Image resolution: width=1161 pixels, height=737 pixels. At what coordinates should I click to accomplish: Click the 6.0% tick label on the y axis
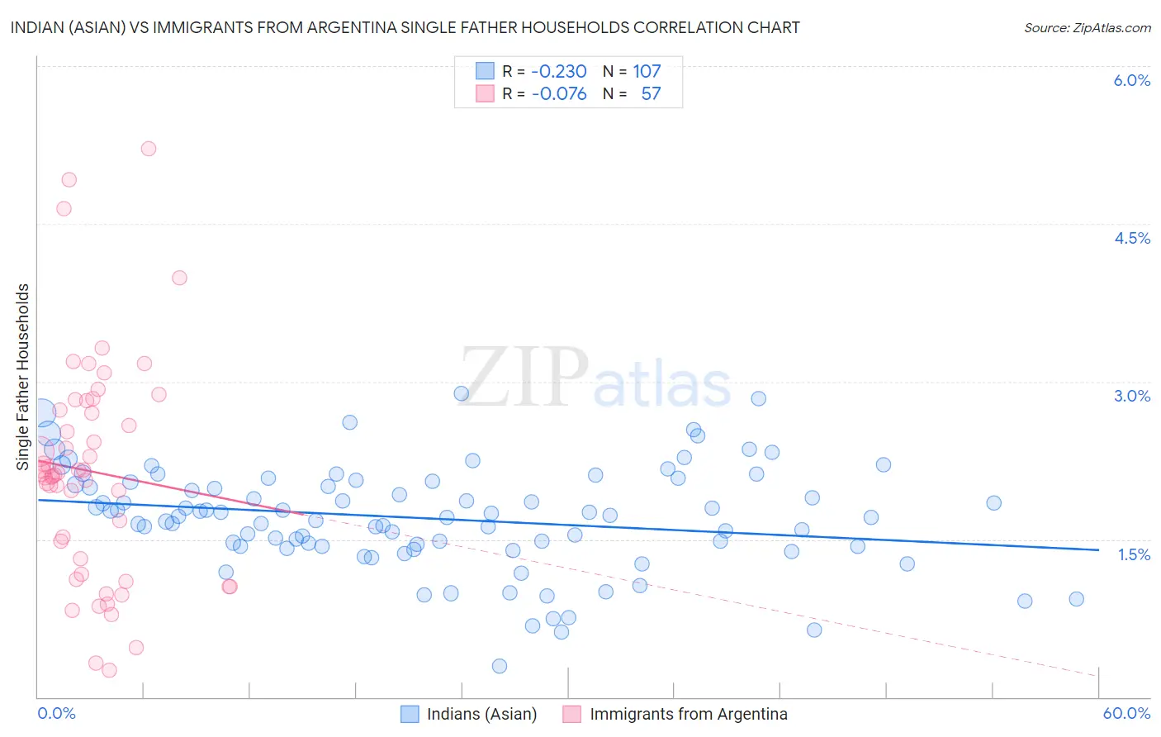coord(1131,80)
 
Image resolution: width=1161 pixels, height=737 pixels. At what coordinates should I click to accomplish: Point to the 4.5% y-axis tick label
coord(1131,238)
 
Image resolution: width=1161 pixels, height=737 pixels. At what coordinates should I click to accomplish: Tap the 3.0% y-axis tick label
coord(1131,396)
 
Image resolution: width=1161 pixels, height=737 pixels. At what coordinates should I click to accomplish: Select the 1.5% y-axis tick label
coord(1134,554)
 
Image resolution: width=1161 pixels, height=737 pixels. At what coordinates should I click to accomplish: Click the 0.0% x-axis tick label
coord(56,713)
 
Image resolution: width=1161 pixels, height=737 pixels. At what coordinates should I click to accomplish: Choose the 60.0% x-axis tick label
coord(1126,713)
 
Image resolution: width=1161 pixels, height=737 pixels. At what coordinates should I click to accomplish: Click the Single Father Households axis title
coord(22,377)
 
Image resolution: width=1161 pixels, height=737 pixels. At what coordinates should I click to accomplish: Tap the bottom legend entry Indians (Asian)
coord(481,714)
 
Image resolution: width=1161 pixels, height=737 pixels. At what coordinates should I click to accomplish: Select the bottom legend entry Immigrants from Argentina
coord(688,714)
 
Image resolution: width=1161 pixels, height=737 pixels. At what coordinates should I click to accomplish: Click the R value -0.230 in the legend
coord(558,71)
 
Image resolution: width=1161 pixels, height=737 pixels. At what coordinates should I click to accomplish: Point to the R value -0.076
coord(558,93)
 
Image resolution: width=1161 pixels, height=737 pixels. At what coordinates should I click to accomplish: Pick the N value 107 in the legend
coord(647,71)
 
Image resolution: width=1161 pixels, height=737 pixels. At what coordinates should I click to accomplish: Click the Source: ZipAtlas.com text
coord(1087,27)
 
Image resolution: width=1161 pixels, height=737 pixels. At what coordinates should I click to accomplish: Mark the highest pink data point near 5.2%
coord(149,149)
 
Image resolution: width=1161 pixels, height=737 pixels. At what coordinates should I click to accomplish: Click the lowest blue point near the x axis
coord(499,666)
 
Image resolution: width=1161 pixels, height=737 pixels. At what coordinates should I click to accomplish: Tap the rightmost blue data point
coord(1076,599)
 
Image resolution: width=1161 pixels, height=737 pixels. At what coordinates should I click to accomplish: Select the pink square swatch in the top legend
coord(485,93)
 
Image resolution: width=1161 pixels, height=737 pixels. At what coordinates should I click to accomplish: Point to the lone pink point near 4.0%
coord(179,278)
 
